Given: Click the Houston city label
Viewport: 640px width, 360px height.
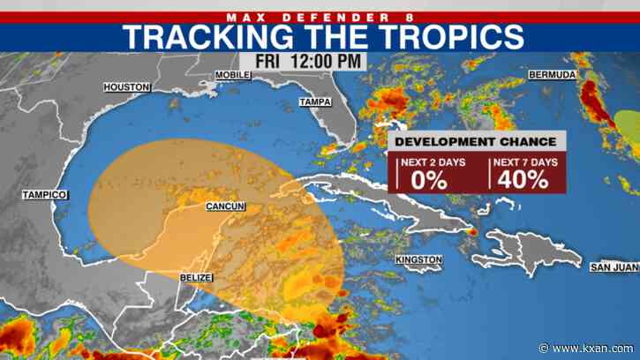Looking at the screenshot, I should (127, 86).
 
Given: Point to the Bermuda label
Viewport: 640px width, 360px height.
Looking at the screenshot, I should (552, 74).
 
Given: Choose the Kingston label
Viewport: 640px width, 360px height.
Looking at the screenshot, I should (418, 259).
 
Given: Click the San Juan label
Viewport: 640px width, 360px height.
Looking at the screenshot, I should (610, 266).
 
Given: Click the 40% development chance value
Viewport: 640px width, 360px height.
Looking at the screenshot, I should (522, 179).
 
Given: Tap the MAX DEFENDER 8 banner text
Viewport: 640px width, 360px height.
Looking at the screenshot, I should (320, 15).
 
